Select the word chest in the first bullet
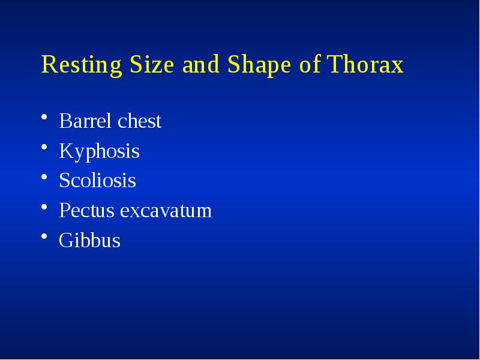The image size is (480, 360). pyautogui.click(x=139, y=121)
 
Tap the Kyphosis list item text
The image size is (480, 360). pyautogui.click(x=99, y=151)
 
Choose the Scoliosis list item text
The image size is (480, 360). pyautogui.click(x=97, y=181)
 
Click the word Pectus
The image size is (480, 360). pyautogui.click(x=86, y=211)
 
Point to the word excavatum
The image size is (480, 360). pyautogui.click(x=166, y=211)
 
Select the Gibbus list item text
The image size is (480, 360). pyautogui.click(x=89, y=241)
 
